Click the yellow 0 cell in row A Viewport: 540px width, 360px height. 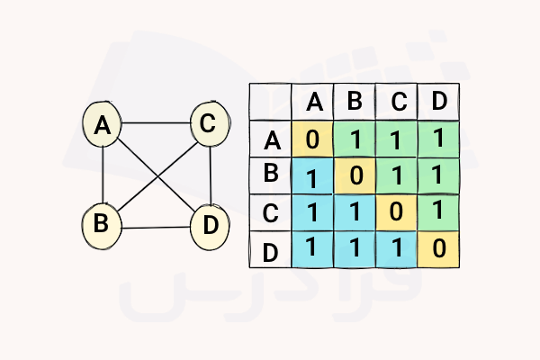click(313, 139)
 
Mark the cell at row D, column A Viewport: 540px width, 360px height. click(313, 248)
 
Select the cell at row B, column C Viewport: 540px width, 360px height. click(397, 175)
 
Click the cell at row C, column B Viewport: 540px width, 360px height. click(355, 211)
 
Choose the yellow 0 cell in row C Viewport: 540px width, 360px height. click(397, 211)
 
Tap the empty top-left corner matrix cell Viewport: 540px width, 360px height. click(270, 102)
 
